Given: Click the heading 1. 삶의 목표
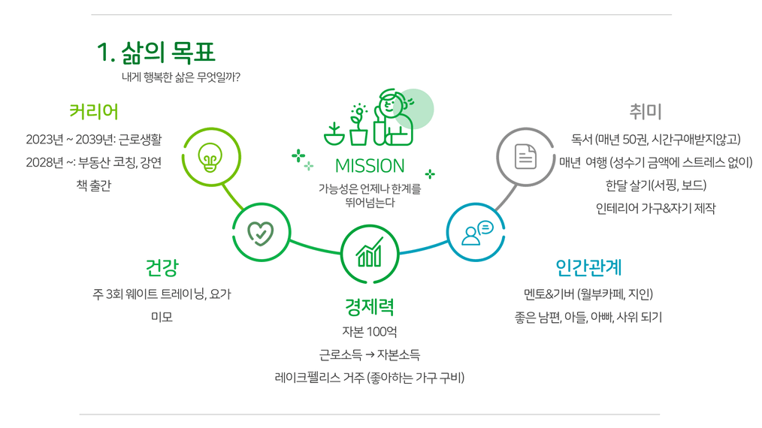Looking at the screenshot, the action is (x=156, y=53).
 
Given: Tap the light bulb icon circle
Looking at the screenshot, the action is (x=211, y=156).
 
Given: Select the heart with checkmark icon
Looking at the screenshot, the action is (x=261, y=233).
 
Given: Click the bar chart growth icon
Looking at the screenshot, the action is (x=369, y=252).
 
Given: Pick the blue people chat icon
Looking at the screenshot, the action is (x=477, y=234).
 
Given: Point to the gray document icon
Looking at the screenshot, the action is (x=525, y=157).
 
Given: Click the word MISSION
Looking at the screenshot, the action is (x=370, y=166).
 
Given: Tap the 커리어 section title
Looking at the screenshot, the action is (x=94, y=111).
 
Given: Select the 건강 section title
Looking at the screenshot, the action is (x=162, y=267).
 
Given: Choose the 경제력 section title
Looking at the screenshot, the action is (x=369, y=306).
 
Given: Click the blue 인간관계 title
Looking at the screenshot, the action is (x=588, y=267).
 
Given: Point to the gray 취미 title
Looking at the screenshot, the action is (x=646, y=111).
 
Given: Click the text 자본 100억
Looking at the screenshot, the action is (x=369, y=332).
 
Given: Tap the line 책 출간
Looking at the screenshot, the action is (x=94, y=185).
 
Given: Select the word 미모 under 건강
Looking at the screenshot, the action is (x=162, y=317).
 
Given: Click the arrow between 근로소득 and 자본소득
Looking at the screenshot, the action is (x=369, y=355).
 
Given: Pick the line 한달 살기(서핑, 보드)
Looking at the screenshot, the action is (x=656, y=185).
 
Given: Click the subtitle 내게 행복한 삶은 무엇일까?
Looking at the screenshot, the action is (x=181, y=77).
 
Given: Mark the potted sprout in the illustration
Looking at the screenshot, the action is (x=359, y=125).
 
